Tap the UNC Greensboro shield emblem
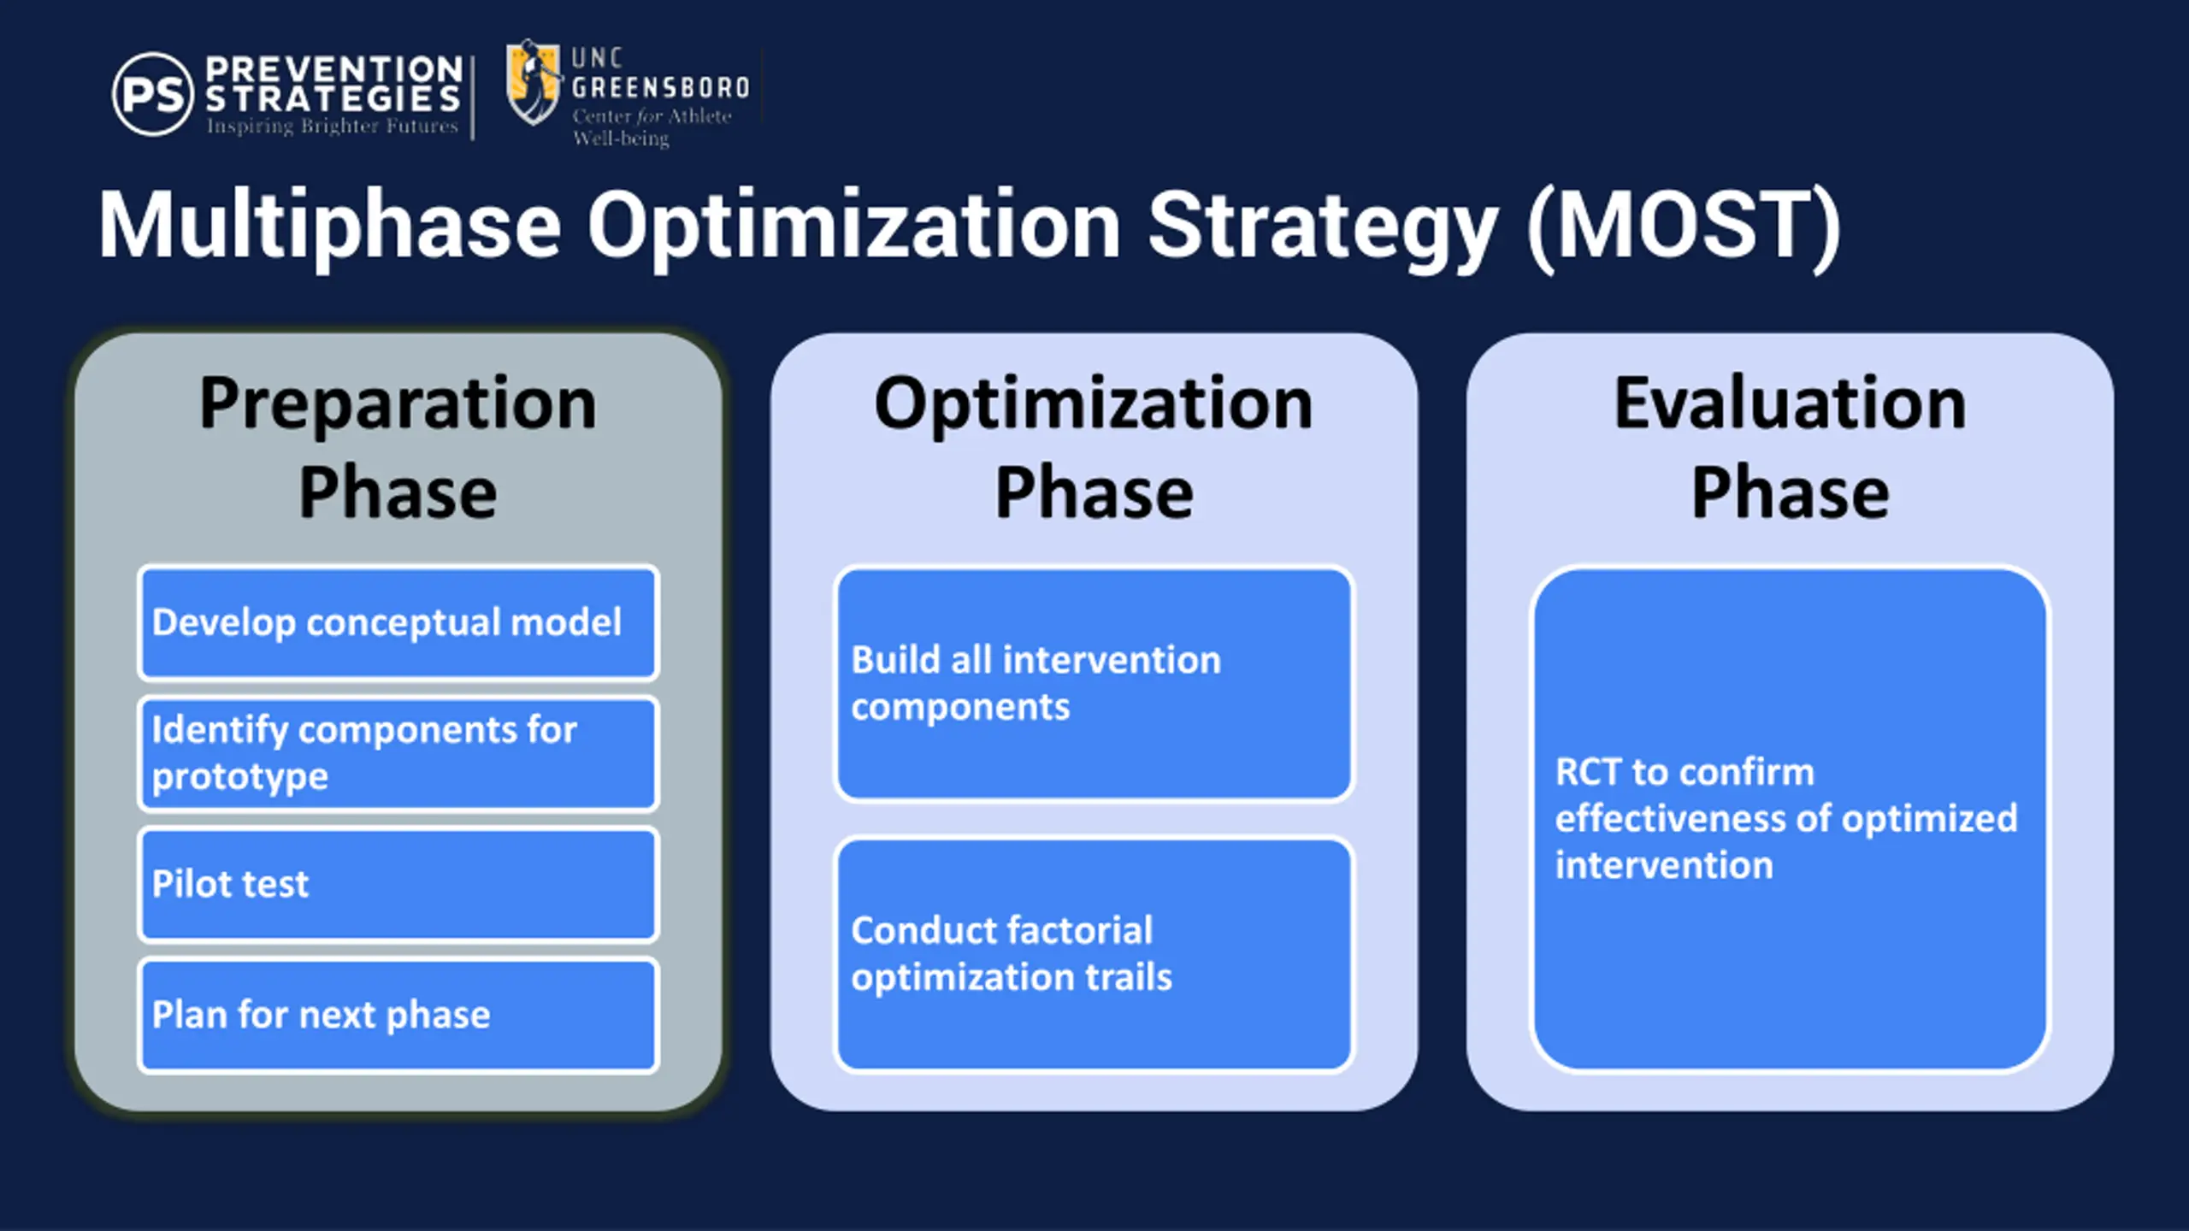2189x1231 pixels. [534, 83]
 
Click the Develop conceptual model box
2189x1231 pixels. [398, 623]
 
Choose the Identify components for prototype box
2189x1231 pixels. [398, 753]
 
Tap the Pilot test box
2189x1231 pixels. [398, 884]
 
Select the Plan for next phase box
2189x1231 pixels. [398, 1015]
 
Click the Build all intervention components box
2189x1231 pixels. [1094, 684]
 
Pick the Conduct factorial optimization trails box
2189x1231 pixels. [1094, 954]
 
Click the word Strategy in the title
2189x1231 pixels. [1322, 227]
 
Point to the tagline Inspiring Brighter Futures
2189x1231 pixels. [332, 127]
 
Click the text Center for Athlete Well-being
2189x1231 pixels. [652, 127]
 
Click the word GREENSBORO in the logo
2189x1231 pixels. [660, 87]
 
